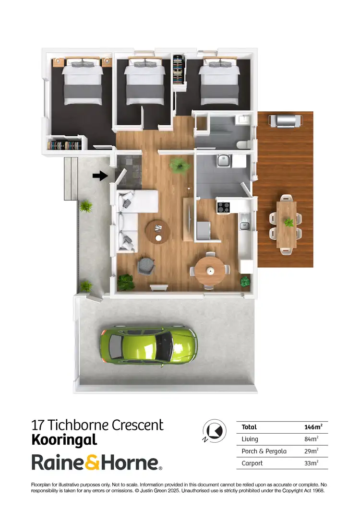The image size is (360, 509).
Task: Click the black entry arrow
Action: coord(100,176)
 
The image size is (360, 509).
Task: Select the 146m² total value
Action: coord(313,427)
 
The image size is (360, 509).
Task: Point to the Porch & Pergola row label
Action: coord(264,451)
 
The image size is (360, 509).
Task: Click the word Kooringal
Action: coord(64,439)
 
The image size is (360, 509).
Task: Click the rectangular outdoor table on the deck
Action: coord(287,224)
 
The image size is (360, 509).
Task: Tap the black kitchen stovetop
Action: coord(223,208)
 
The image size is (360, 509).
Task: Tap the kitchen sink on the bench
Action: coord(244,224)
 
